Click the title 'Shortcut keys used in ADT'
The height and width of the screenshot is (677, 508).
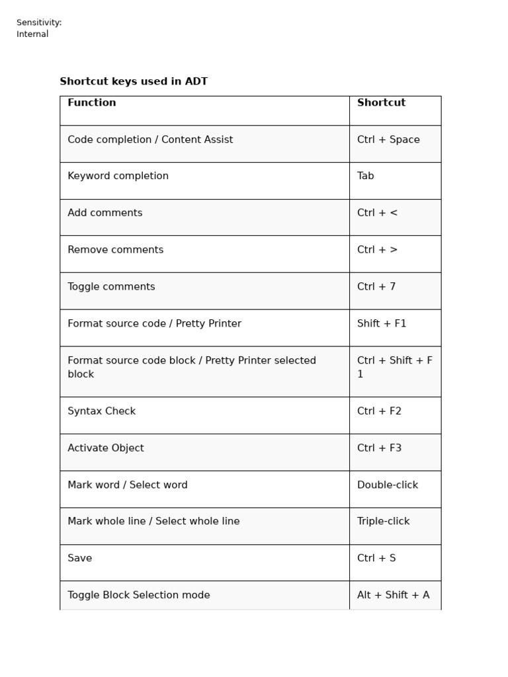(134, 82)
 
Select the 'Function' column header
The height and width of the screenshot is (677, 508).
(92, 103)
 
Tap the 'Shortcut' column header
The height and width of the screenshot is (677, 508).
(381, 103)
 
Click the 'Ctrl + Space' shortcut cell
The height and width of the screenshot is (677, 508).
(388, 140)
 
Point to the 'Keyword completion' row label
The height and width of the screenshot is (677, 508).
(118, 177)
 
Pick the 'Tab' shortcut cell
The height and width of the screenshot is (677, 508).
(366, 177)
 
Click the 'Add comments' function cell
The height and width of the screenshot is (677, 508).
(105, 214)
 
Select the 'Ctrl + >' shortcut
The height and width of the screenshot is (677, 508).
(377, 251)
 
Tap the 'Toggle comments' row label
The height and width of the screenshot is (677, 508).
(111, 287)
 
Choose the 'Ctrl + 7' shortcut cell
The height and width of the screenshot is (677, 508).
(376, 287)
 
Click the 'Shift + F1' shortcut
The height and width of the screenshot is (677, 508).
(382, 324)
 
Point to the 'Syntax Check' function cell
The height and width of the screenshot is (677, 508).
(101, 411)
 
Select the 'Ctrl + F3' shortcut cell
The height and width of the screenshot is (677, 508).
(379, 448)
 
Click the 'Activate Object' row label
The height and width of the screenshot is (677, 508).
(105, 448)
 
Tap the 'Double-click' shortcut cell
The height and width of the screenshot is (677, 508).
(388, 485)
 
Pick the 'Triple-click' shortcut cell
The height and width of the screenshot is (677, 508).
(384, 522)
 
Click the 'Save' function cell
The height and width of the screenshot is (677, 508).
(79, 559)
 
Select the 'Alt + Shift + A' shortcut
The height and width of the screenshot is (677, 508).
(393, 596)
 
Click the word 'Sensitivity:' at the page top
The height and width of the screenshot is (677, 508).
(39, 23)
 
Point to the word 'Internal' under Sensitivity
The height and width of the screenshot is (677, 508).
(32, 34)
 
